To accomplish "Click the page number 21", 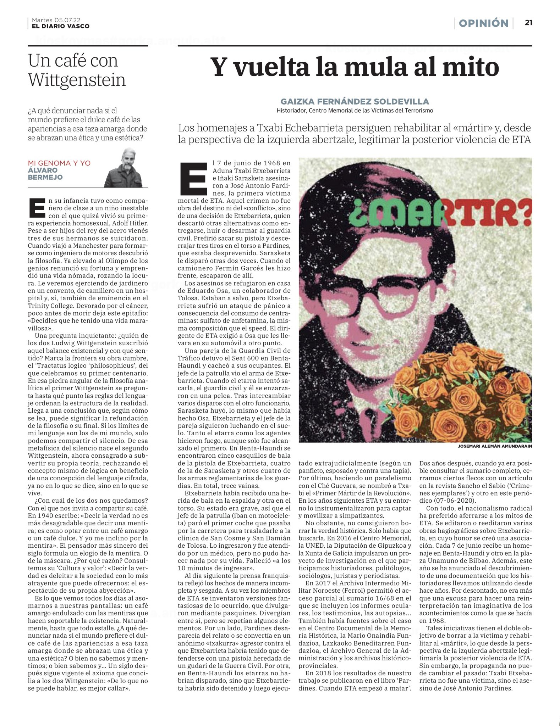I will [x=528, y=23].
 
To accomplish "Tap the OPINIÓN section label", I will [x=483, y=23].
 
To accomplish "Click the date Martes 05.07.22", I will [x=56, y=20].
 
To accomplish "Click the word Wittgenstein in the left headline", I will [x=77, y=80].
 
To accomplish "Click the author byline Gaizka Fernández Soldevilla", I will [x=355, y=101].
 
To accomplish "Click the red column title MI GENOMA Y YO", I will [x=59, y=163].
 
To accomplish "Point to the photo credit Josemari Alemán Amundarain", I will [x=495, y=446].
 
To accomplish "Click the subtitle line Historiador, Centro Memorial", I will [x=355, y=110].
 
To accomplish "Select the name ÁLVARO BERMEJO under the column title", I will [x=45, y=174].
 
